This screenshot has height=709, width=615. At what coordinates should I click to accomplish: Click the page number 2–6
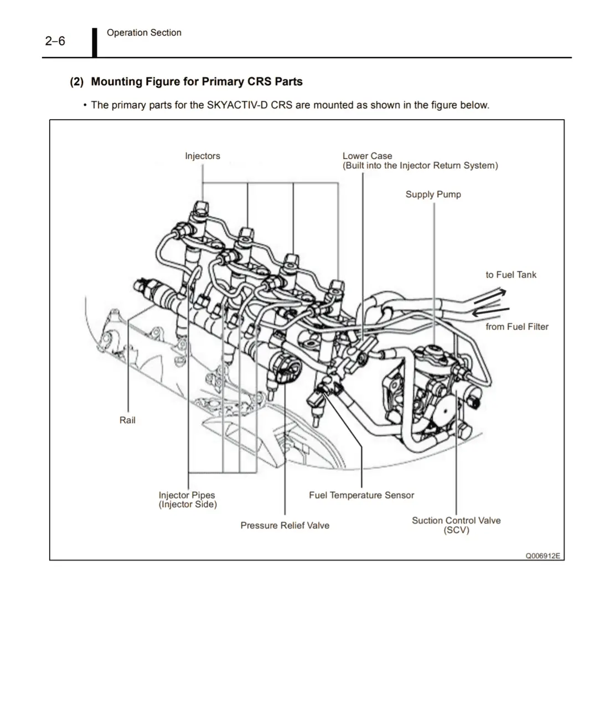tap(55, 41)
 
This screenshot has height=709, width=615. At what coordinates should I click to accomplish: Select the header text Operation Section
tap(144, 33)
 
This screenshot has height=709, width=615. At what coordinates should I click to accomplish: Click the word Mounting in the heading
tap(117, 82)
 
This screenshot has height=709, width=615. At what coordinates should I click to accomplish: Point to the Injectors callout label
tap(203, 156)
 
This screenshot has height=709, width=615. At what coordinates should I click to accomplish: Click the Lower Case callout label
tap(367, 156)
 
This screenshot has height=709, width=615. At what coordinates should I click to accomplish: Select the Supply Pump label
tap(433, 194)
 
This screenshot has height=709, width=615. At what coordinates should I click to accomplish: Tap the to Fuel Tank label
tap(511, 275)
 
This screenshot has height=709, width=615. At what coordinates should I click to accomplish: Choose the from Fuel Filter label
tap(517, 327)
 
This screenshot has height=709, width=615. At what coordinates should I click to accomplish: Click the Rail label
tap(127, 420)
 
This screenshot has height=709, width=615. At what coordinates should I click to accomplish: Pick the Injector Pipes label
tap(187, 496)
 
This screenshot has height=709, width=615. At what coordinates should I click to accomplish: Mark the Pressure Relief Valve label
tap(285, 526)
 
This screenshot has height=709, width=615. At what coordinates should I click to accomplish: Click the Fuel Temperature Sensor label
tap(361, 495)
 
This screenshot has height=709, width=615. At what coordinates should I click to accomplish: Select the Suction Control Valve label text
tap(456, 521)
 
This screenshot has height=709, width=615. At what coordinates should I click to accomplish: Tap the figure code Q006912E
tap(543, 556)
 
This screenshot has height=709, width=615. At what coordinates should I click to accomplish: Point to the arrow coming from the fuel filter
tap(489, 311)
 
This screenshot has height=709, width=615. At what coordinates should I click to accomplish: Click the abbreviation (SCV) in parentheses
tap(456, 531)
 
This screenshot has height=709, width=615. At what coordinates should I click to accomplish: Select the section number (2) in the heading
tap(76, 82)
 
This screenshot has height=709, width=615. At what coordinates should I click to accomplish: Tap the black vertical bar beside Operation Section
tap(95, 42)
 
